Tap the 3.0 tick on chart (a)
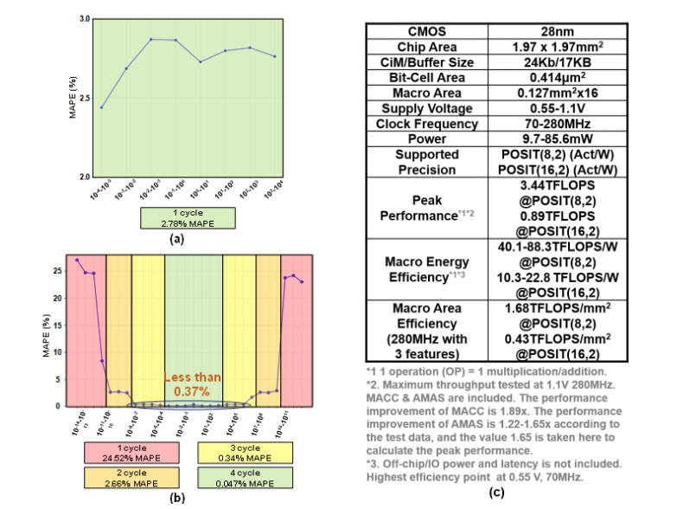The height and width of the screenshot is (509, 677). point(84,18)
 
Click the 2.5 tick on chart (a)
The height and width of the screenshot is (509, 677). point(84,98)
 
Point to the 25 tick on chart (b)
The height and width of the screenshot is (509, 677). point(58,270)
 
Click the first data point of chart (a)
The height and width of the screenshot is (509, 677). point(102,107)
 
